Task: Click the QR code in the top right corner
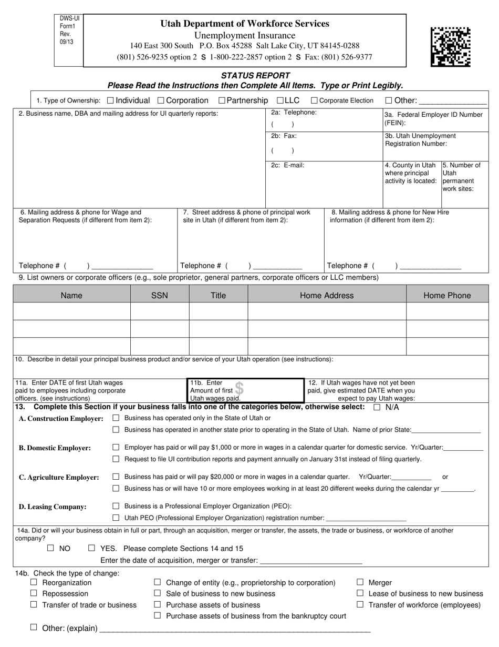(x=450, y=47)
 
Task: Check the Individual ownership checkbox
(x=110, y=100)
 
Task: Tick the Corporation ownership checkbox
(x=161, y=100)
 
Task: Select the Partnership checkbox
(x=222, y=100)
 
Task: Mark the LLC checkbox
(x=280, y=100)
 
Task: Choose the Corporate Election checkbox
(x=314, y=100)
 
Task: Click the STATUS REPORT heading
(x=255, y=76)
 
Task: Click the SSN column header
(x=160, y=296)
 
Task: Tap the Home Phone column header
(x=447, y=296)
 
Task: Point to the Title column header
(x=218, y=296)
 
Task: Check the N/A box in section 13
(x=377, y=407)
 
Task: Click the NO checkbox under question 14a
(x=50, y=548)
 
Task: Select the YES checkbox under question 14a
(x=92, y=548)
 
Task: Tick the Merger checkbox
(x=360, y=582)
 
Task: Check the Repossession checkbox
(x=34, y=593)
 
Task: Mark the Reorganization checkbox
(x=34, y=582)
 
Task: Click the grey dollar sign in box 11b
(x=239, y=389)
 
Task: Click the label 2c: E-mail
(x=287, y=165)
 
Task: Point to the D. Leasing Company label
(x=53, y=507)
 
